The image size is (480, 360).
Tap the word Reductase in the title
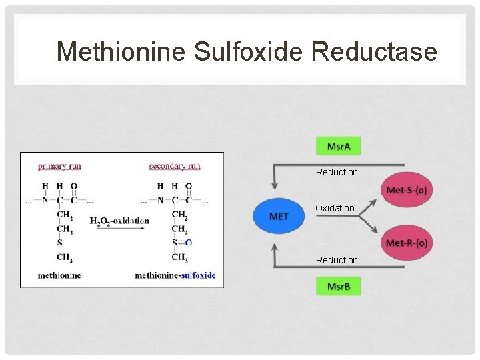coord(374,51)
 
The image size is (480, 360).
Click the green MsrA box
coord(338,146)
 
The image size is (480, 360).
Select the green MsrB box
coord(338,287)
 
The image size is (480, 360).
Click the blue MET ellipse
coord(279,216)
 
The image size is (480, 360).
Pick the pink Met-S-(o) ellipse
coord(406,190)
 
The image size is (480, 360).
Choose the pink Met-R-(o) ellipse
coord(406,243)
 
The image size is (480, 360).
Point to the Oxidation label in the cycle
coord(335,208)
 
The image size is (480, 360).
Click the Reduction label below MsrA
coord(337,172)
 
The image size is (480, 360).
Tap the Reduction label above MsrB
coord(337,260)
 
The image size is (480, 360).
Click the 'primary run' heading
coord(59,165)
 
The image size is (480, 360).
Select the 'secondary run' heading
coord(175,165)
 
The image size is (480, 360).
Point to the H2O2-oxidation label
coord(119,221)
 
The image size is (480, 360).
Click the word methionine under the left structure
coord(59,275)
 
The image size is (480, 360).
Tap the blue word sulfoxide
coord(198,275)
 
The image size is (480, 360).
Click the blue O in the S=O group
coord(189,243)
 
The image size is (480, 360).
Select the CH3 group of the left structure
coord(65,257)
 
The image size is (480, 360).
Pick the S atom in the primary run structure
coord(60,243)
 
